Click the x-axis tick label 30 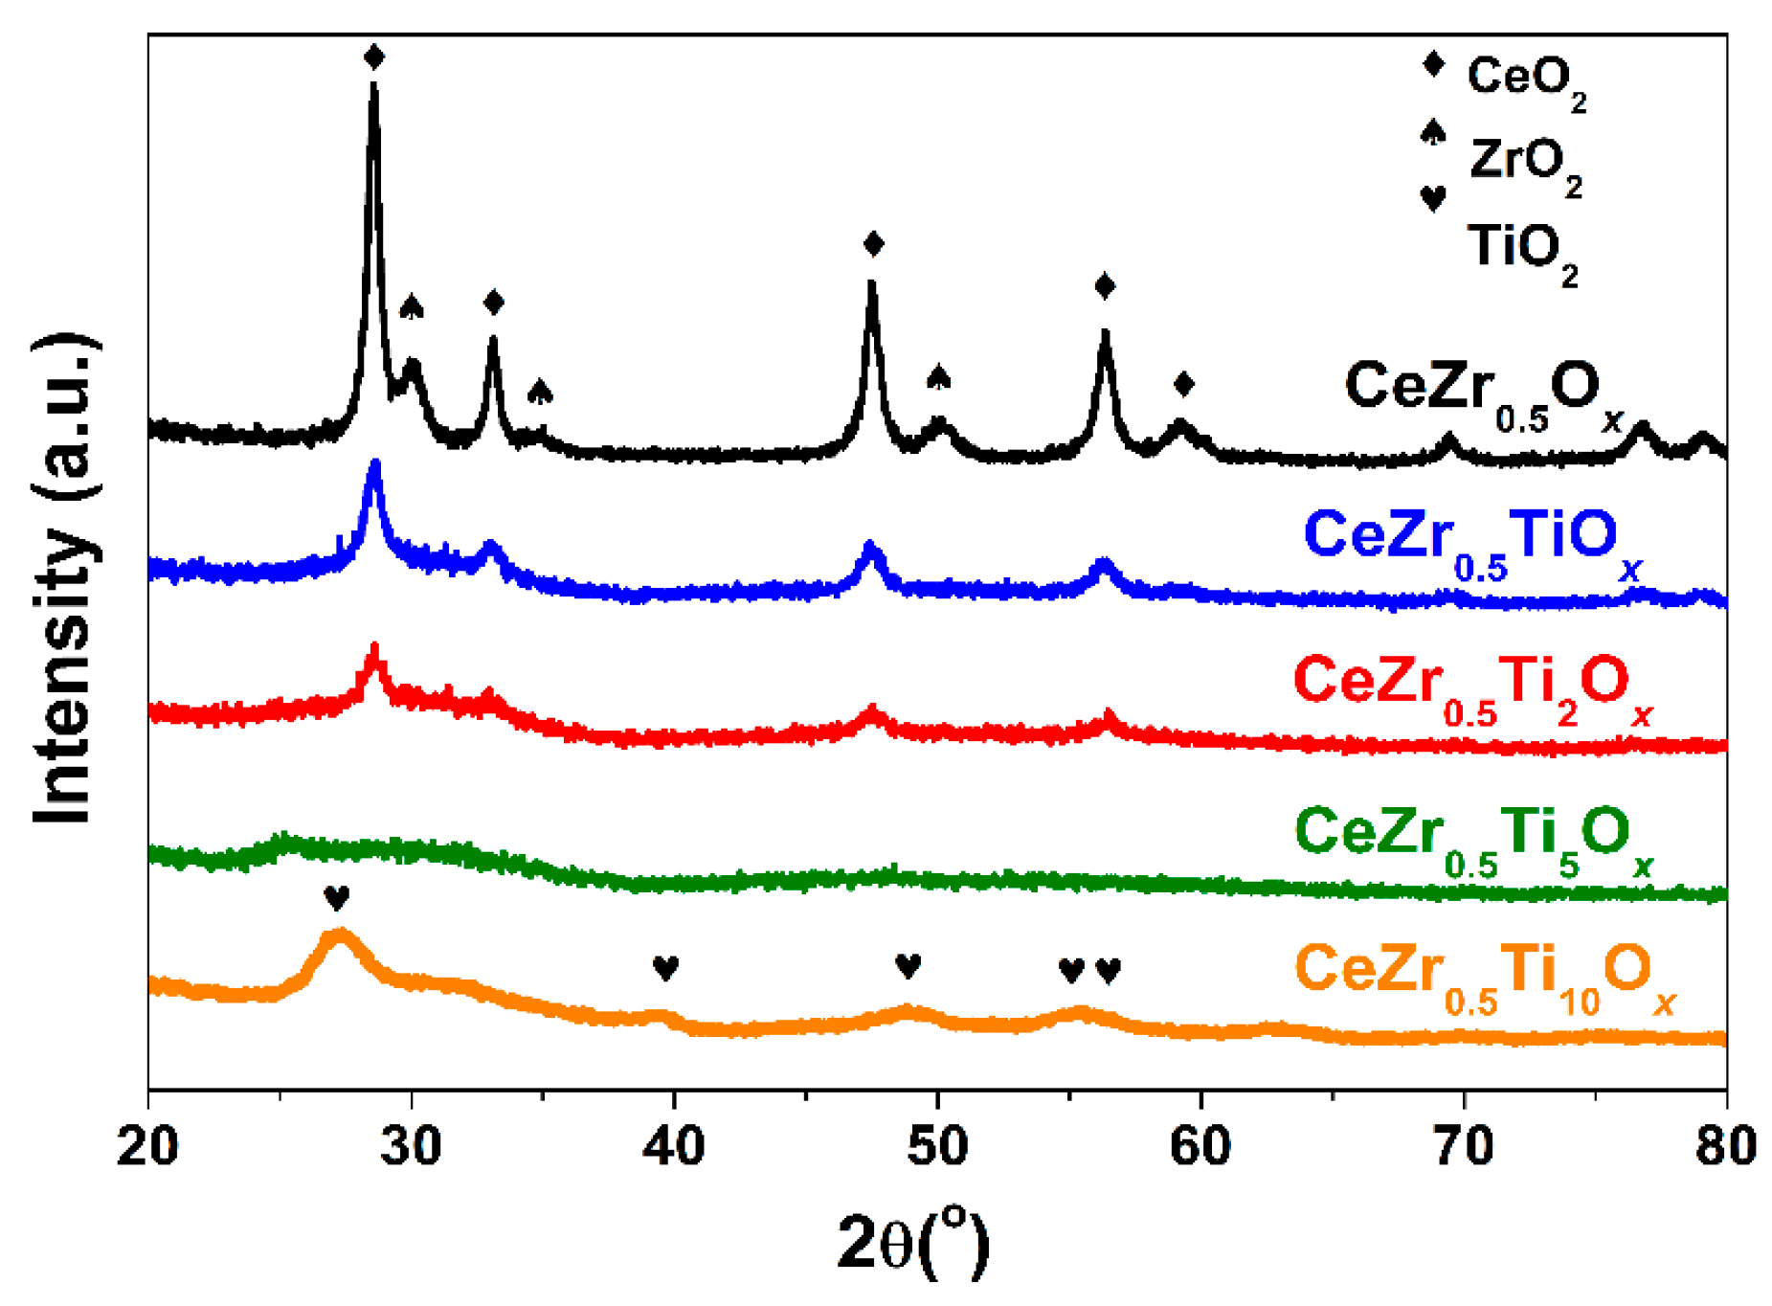(x=411, y=1146)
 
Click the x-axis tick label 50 (x=937, y=1146)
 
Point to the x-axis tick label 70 (x=1464, y=1146)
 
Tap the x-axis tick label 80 (x=1725, y=1146)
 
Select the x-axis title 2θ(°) (x=912, y=1242)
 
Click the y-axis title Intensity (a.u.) (x=65, y=579)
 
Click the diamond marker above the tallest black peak (x=374, y=57)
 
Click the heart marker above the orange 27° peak (x=336, y=898)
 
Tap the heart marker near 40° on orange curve (x=665, y=967)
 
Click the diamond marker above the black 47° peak (x=873, y=244)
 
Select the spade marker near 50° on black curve (x=939, y=377)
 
